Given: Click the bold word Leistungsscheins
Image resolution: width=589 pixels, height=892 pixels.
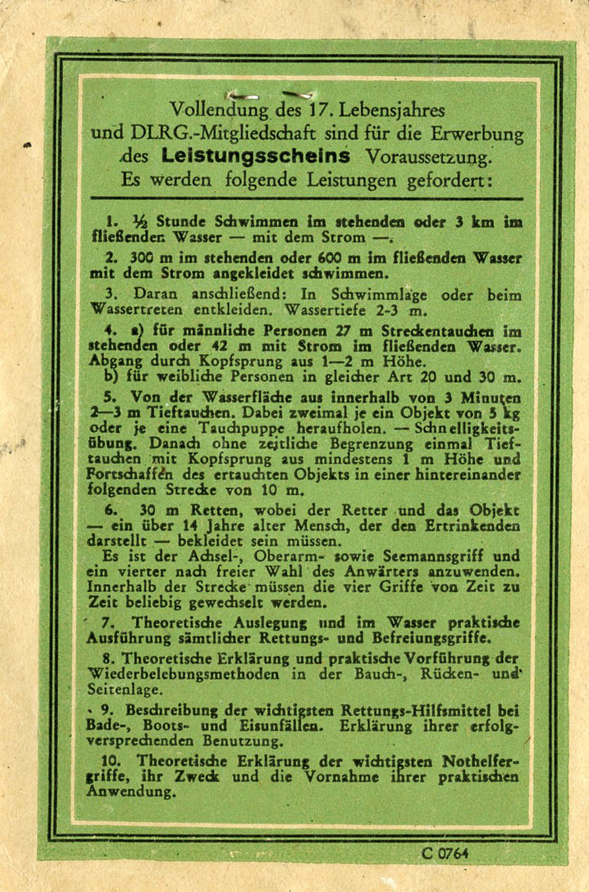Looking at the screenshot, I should click(x=256, y=157).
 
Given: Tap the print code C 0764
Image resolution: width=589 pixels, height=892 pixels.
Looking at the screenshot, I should click(x=445, y=852).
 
